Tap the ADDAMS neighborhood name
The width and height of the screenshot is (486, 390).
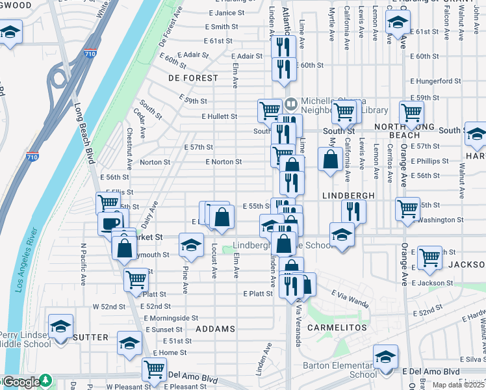point(215,329)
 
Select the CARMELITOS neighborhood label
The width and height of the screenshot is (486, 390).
point(337,328)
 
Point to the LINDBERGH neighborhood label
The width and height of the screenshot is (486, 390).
point(348,195)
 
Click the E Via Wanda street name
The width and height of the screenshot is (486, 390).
point(350,300)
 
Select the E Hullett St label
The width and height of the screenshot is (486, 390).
point(219,116)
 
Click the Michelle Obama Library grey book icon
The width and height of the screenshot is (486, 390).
point(290,103)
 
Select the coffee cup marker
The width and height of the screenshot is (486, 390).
point(110,224)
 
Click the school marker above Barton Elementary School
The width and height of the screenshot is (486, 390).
point(385,356)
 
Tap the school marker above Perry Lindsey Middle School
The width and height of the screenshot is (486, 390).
point(60,326)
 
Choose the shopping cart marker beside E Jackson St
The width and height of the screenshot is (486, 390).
point(429,257)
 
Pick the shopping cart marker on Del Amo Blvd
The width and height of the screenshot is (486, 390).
point(155,369)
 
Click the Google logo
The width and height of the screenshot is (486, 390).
point(21,382)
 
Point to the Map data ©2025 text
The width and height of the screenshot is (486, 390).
point(459,385)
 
